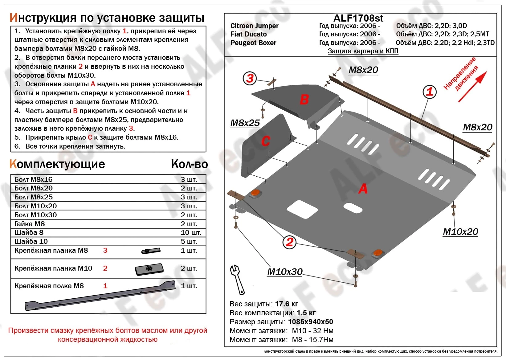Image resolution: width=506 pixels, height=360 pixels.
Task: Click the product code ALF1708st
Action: pos(358,18)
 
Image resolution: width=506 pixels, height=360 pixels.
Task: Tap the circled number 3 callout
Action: pos(250,78)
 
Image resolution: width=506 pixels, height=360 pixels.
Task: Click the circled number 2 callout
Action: pos(289,242)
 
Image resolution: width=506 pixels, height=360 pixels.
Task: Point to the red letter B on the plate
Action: pos(304,100)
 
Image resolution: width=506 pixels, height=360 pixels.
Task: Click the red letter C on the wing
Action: pos(265,141)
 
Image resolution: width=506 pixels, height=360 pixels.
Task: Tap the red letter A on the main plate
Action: pos(363,189)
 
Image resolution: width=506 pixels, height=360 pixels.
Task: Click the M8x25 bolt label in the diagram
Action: pos(245,123)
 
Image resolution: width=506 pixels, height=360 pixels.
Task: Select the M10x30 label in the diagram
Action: pos(285,272)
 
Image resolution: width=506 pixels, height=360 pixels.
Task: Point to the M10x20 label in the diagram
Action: pos(460,232)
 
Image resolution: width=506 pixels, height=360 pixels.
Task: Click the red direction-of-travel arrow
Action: pos(472,87)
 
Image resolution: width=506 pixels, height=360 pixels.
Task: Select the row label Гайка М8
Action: pos(30,224)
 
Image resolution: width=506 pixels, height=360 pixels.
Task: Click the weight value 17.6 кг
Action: pos(286,304)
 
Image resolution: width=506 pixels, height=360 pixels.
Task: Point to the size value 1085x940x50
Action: pos(310,322)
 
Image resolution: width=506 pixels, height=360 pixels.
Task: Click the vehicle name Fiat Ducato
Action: pos(248,34)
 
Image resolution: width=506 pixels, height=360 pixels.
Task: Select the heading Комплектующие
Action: pos(57,164)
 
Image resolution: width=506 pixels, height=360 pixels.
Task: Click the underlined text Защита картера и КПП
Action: pos(363,51)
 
